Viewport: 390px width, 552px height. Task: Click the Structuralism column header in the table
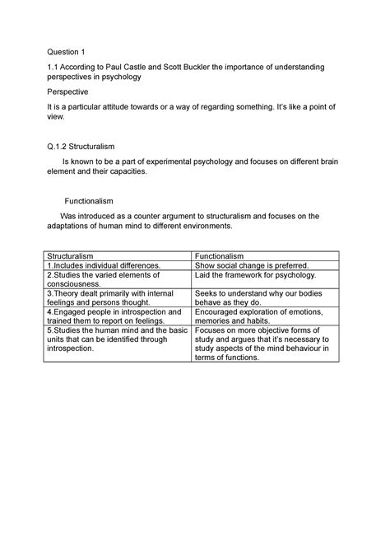(x=74, y=257)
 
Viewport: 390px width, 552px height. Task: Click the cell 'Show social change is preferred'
(x=251, y=266)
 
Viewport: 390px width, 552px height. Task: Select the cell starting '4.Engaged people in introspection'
(x=113, y=317)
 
